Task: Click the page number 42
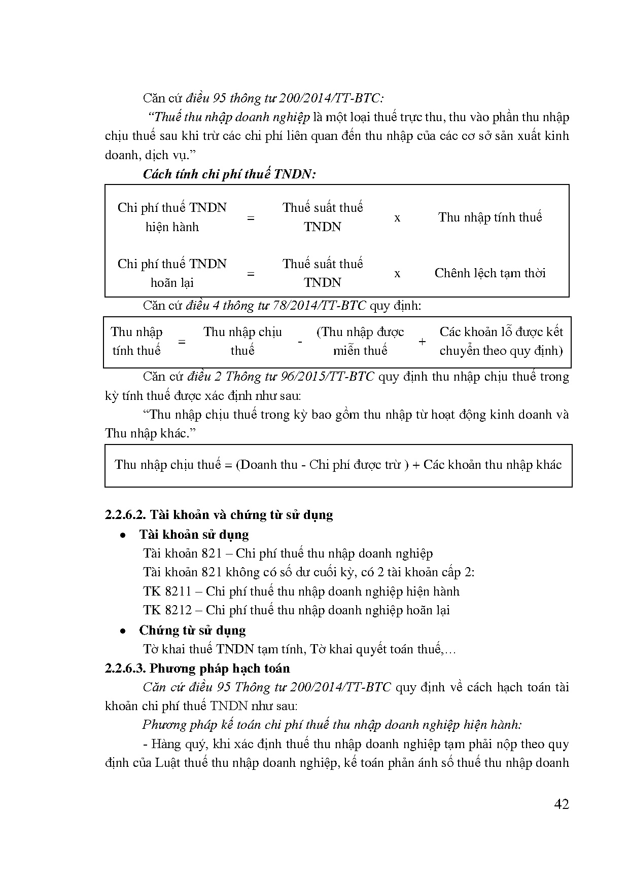(562, 804)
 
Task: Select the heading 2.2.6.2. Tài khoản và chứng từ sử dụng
(219, 515)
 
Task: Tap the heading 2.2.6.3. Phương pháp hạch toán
(197, 669)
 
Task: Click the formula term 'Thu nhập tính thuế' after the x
(490, 217)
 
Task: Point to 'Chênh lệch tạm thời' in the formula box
(490, 273)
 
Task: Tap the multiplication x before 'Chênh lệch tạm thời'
(397, 274)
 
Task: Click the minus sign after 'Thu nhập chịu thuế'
(300, 342)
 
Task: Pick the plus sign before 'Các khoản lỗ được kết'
(422, 342)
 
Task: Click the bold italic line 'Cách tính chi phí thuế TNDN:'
(229, 174)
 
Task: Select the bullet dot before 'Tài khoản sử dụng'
(122, 535)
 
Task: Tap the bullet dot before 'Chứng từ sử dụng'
(122, 631)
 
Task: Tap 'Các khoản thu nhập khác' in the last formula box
(493, 465)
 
